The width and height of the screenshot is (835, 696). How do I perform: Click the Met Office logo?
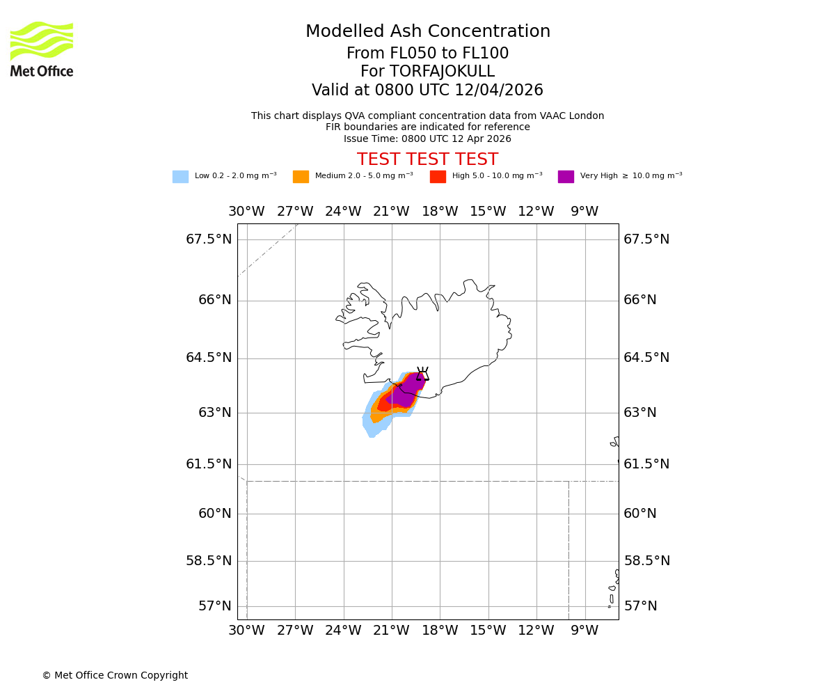(42, 49)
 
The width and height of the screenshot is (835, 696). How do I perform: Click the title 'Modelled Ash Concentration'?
(428, 32)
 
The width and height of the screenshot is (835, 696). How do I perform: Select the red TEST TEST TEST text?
(428, 160)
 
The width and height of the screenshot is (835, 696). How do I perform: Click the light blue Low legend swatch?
(180, 177)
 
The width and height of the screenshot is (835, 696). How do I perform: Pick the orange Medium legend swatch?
(301, 177)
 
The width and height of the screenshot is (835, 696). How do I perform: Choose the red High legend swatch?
(438, 177)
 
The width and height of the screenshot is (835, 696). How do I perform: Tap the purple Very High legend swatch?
(566, 177)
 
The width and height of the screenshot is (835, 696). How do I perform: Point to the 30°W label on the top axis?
(246, 212)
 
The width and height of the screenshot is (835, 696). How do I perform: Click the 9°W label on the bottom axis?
(584, 631)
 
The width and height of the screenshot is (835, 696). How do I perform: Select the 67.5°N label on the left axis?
(209, 239)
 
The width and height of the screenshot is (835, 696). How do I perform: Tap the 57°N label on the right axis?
(640, 606)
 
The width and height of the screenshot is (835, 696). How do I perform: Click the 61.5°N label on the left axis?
(209, 464)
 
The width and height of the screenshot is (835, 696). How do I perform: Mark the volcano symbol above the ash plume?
(422, 374)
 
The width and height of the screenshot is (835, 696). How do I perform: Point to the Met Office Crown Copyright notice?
(115, 676)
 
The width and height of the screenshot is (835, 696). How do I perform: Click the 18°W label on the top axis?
(440, 212)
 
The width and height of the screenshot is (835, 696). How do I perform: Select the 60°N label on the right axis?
(640, 514)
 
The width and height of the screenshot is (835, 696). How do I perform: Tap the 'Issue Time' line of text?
(428, 139)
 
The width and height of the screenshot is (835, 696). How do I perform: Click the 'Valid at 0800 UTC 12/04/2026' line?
(428, 90)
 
